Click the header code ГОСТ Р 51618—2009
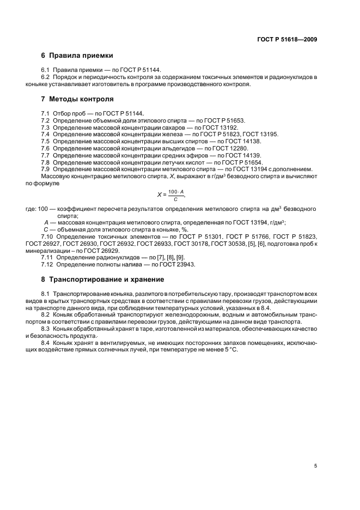pos(286,39)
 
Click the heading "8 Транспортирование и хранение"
pos(102,279)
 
